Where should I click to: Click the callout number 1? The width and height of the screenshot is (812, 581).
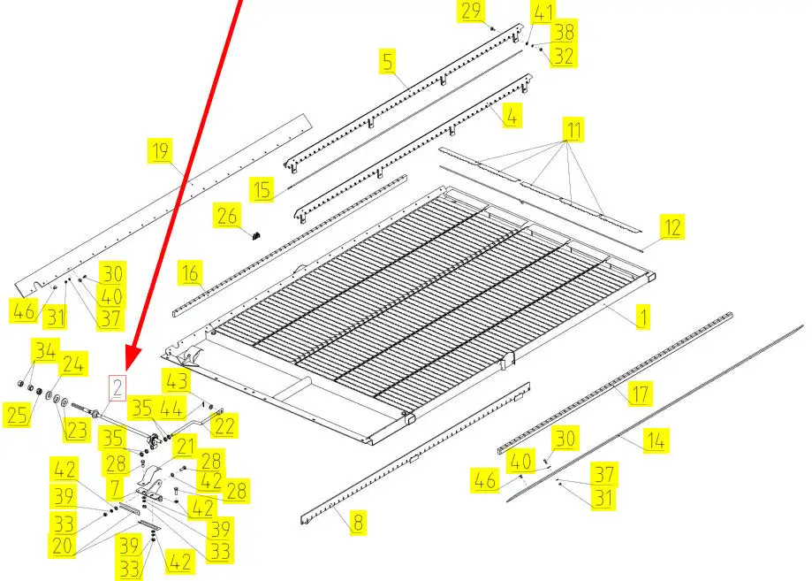tap(642, 317)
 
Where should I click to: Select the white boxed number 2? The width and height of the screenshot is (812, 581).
tap(117, 388)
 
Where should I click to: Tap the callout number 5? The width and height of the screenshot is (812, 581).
tap(388, 61)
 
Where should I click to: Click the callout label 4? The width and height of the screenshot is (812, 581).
tap(512, 116)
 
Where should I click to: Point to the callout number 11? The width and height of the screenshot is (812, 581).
tap(573, 129)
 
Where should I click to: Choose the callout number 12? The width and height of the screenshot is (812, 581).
tap(672, 227)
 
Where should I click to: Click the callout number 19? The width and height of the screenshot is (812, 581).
tap(160, 151)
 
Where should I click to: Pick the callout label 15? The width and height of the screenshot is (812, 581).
tap(262, 189)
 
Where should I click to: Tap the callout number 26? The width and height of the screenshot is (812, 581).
tap(227, 216)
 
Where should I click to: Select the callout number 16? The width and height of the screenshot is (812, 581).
tap(190, 272)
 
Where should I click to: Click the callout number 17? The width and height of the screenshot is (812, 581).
tap(640, 394)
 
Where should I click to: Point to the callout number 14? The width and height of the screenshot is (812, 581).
tap(656, 440)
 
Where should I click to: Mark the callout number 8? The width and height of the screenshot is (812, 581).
tap(358, 522)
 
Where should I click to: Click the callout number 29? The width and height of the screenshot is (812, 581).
tap(471, 11)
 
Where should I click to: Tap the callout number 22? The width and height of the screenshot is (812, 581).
tap(224, 426)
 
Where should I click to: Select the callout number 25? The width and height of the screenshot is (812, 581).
tap(17, 415)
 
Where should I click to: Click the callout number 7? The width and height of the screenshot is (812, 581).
tap(115, 488)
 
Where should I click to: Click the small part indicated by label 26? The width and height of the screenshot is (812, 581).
tap(255, 236)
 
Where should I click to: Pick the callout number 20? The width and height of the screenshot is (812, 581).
tap(62, 546)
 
